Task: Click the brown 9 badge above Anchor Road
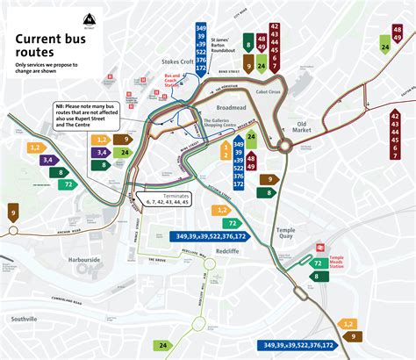[13, 211]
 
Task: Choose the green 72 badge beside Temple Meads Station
[317, 263]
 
